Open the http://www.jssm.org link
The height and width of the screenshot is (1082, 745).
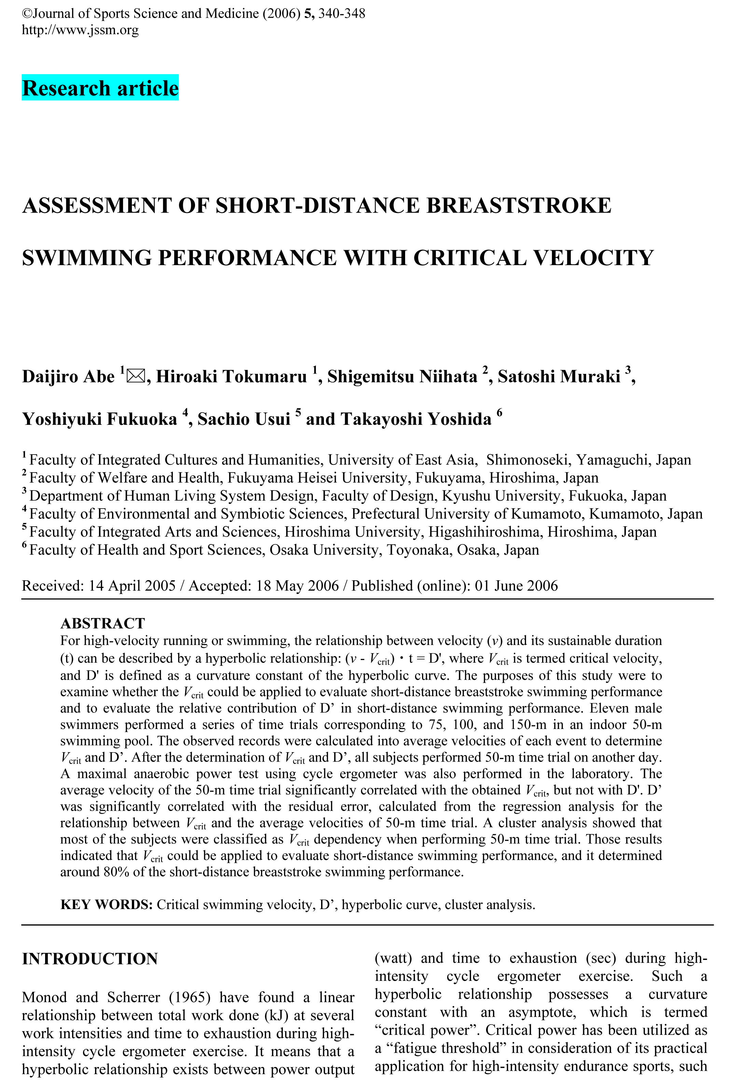[80, 30]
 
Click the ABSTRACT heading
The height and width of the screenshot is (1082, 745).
[103, 623]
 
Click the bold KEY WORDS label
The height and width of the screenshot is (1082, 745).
[107, 905]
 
